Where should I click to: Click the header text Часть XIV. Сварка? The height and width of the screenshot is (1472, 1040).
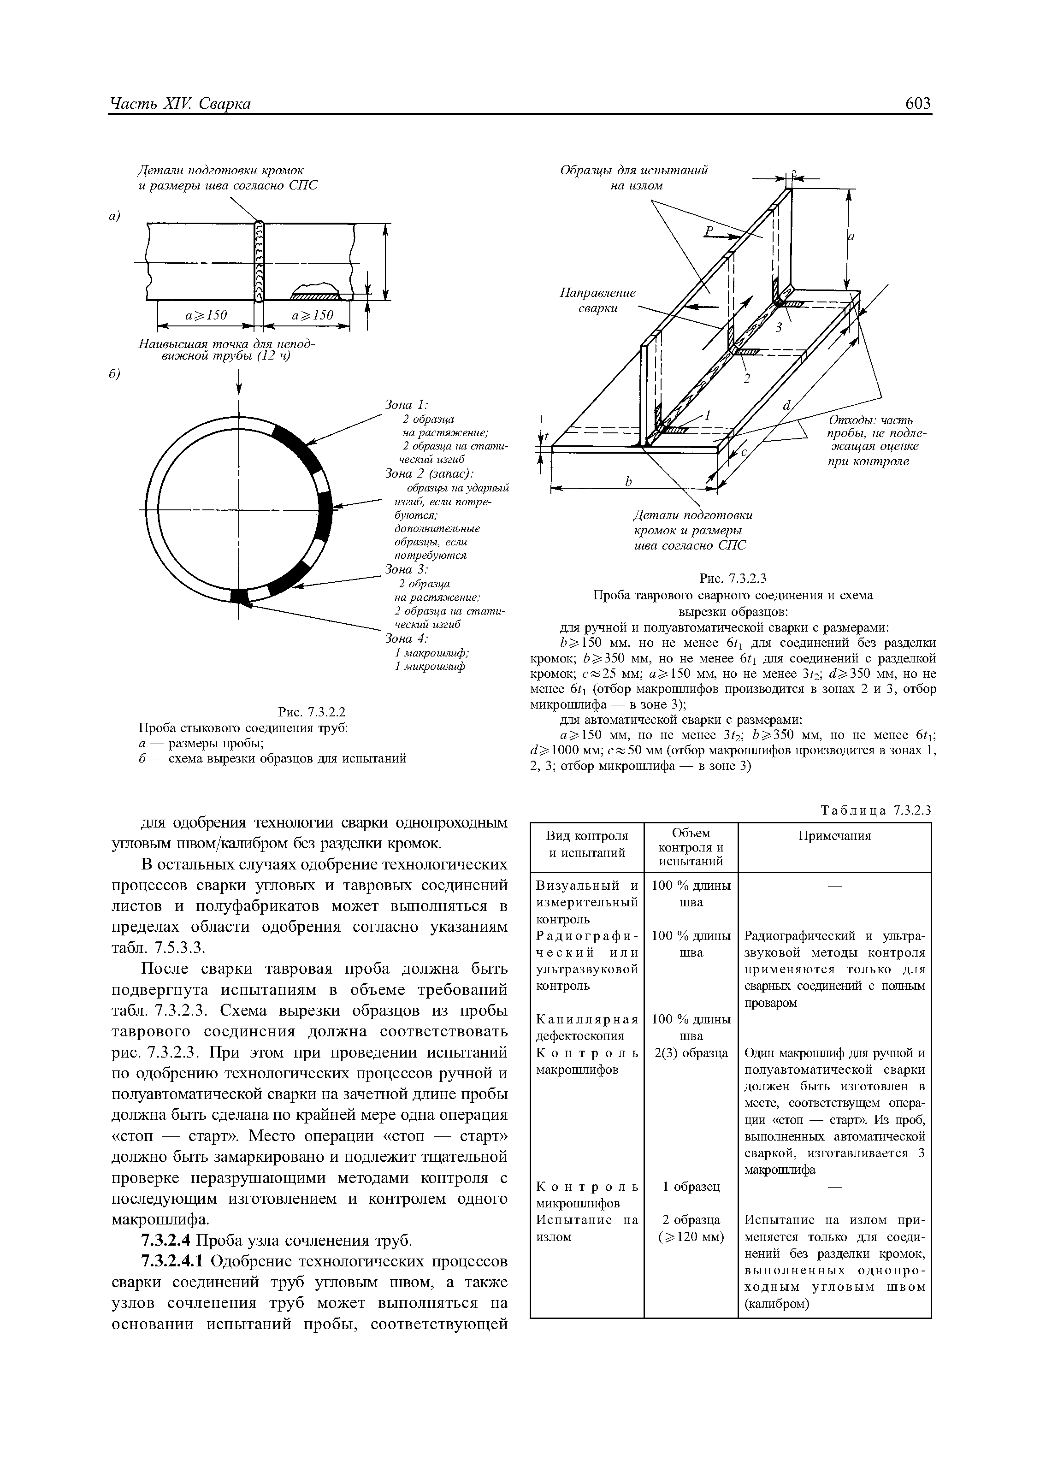pos(180,103)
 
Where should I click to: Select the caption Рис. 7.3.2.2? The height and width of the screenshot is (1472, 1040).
pos(312,712)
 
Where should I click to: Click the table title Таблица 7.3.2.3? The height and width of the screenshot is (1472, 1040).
pos(875,810)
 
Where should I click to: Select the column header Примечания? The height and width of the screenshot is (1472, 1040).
pos(834,836)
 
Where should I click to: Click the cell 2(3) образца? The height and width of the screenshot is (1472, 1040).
pos(691,1053)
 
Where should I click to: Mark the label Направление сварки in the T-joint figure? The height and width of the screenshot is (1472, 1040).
pos(597,300)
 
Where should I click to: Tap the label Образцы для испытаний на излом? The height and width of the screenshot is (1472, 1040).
pos(633,177)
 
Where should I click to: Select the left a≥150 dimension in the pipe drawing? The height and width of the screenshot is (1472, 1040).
pos(207,315)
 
